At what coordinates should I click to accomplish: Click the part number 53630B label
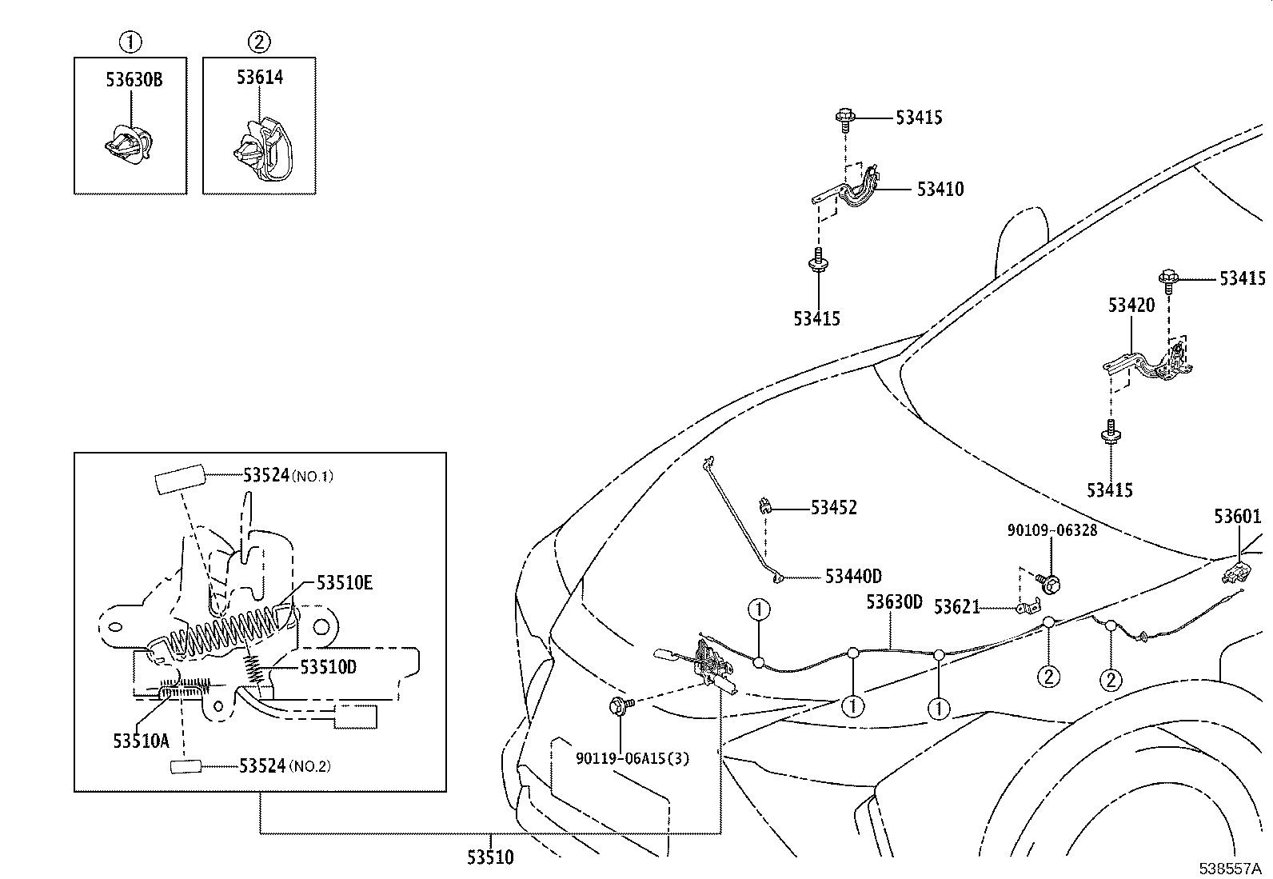pos(134,79)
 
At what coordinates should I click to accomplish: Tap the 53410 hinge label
pos(940,190)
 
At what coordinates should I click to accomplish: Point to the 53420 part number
pos(1131,306)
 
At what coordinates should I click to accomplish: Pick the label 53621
pos(956,608)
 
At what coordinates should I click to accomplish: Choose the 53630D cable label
pos(893,601)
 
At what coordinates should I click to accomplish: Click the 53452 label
pos(833,508)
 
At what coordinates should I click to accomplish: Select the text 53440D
pos(853,577)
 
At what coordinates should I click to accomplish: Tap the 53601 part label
pos(1237,517)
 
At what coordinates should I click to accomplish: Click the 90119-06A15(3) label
pos(632,758)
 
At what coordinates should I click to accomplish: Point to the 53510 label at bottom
pos(490,857)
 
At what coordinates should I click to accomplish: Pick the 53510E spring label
pos(344,582)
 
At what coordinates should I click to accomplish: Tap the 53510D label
pos(328,666)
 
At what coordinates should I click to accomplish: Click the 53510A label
pos(141,741)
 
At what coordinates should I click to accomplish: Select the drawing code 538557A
pos(1229,868)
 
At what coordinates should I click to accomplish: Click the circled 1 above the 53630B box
pos(130,41)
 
